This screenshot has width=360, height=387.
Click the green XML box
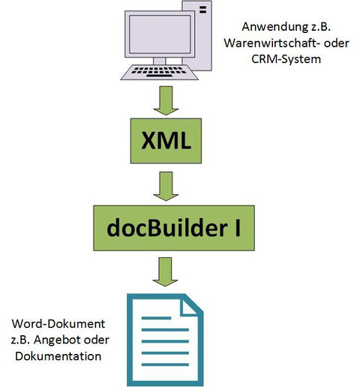166,141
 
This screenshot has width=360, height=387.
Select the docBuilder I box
174,228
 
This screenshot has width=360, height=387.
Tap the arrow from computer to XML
166,100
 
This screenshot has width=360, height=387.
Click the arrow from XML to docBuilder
166,186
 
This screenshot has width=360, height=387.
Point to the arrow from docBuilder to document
165,272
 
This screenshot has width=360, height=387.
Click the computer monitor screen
160,34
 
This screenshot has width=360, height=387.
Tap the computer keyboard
160,72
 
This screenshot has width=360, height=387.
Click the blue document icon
165,340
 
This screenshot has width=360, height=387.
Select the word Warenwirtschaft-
272,43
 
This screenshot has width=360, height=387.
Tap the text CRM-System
286,59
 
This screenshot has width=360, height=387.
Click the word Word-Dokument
58,324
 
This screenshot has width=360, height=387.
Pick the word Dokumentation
58,356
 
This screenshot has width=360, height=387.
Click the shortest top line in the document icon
156,318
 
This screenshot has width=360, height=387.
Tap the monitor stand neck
159,61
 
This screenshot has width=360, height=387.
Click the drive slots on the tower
202,10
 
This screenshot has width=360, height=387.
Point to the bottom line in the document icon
165,364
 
